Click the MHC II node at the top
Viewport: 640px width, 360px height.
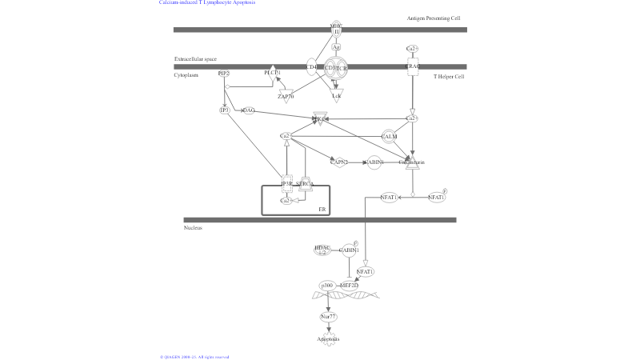point(336,29)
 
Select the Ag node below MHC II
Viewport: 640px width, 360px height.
point(337,47)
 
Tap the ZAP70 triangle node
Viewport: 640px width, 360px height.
point(286,96)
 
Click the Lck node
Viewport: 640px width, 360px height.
point(337,96)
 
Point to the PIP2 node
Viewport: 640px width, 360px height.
point(224,74)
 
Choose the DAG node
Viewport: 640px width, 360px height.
point(248,110)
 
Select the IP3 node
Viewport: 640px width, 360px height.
point(225,110)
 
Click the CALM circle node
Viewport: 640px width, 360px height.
point(390,137)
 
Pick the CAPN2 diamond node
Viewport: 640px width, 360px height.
point(340,162)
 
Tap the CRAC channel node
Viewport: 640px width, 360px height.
point(413,67)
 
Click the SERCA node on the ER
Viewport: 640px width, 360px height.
point(305,184)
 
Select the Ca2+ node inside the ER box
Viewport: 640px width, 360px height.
point(285,201)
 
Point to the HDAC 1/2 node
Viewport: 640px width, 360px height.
point(322,250)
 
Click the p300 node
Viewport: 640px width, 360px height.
point(326,285)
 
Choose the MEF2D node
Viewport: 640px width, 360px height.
point(349,285)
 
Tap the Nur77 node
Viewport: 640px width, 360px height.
point(328,317)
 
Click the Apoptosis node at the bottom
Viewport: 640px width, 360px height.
point(329,339)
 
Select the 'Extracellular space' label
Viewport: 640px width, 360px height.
point(195,59)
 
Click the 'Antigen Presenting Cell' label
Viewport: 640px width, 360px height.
point(434,18)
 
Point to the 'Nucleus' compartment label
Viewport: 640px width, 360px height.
point(193,228)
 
